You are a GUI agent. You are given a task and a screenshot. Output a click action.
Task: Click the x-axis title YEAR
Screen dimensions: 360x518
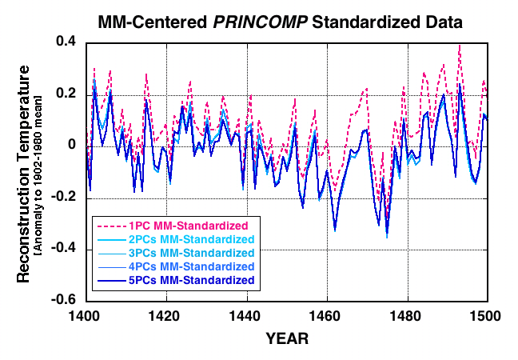286,338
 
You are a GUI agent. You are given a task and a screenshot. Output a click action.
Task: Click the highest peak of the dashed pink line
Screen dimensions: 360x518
459,46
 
